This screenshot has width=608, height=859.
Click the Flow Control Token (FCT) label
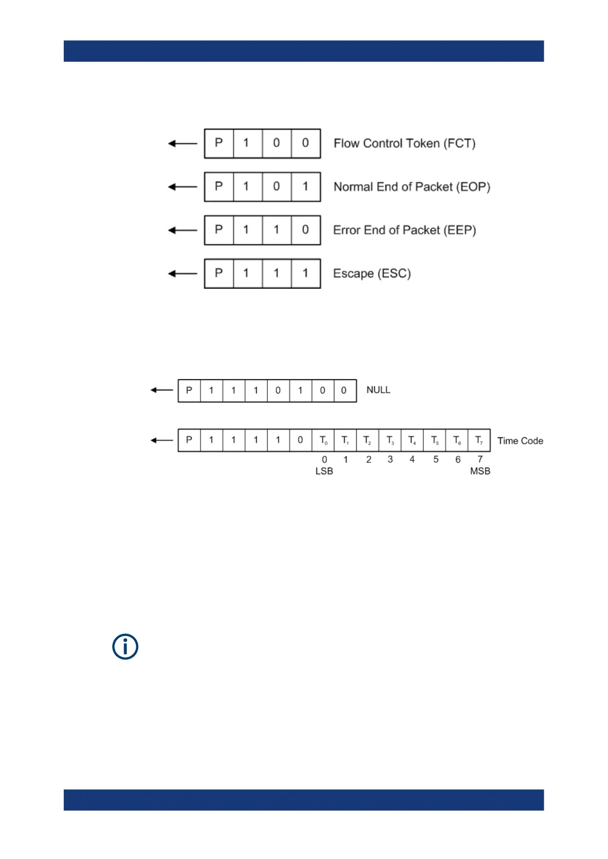tap(404, 143)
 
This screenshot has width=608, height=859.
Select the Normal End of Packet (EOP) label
tap(411, 187)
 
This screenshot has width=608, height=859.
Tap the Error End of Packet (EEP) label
tap(404, 230)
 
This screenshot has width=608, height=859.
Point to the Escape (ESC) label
tap(372, 273)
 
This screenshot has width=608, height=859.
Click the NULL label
tap(378, 390)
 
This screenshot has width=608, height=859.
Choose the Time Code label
tap(520, 441)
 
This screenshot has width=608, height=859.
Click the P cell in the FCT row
tap(219, 143)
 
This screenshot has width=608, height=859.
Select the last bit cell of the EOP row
tap(306, 187)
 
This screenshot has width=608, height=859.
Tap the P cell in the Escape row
tap(219, 273)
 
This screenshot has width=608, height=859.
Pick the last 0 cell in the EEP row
tap(306, 230)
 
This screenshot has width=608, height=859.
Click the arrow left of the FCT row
tap(182, 143)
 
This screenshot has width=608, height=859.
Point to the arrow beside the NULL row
tap(162, 390)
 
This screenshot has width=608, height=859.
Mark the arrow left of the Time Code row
tap(162, 440)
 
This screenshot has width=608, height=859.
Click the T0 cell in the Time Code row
tap(323, 440)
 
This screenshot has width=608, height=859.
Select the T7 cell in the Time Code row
tap(479, 440)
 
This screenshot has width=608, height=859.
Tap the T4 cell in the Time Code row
tap(412, 440)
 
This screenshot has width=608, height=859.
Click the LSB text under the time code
tap(324, 471)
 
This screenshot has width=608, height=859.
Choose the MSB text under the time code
tap(480, 471)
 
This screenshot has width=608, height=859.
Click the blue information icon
tap(125, 647)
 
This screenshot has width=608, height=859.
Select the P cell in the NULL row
tap(189, 390)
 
